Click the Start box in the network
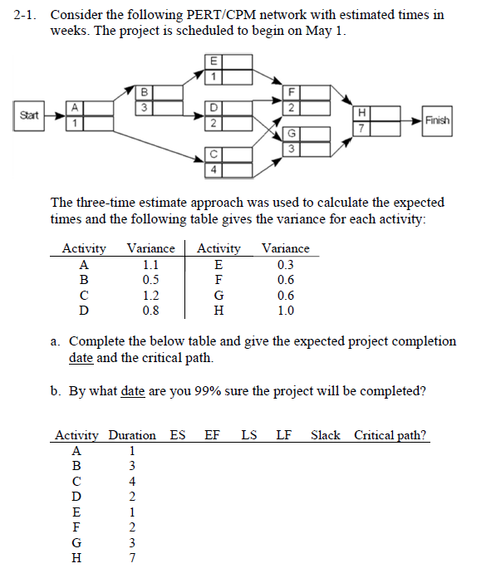(x=28, y=115)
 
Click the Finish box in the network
(x=437, y=120)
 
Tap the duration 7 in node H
(x=360, y=128)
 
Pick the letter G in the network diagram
(x=291, y=135)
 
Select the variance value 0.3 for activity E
(x=285, y=265)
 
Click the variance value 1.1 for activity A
(x=150, y=265)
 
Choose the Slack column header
(x=325, y=435)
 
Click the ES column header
(x=178, y=435)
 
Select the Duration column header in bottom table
(x=131, y=435)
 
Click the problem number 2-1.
(x=28, y=15)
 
